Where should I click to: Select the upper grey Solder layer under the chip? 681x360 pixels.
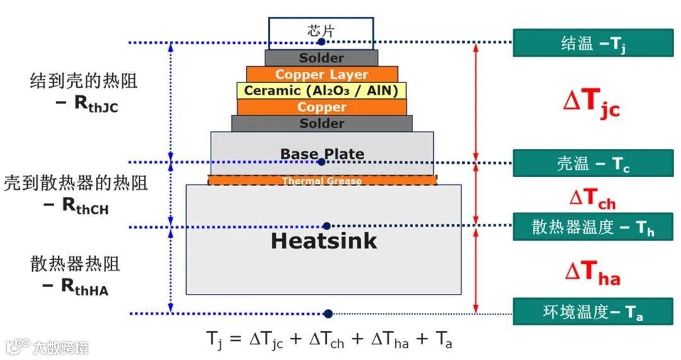pos(322,58)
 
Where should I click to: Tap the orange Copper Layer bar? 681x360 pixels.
pos(322,74)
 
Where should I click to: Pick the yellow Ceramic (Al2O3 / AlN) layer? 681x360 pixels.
pos(322,91)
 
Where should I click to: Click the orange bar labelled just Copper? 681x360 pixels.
pos(322,107)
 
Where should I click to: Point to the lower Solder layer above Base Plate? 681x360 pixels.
pos(322,124)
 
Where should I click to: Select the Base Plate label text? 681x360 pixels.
pos(322,154)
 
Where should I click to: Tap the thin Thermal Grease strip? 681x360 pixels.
pos(322,181)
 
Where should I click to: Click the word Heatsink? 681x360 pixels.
pos(323,241)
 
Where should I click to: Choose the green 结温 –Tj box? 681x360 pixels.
pos(593,43)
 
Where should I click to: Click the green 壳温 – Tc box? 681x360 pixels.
pos(593,163)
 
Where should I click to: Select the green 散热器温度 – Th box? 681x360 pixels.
pos(593,226)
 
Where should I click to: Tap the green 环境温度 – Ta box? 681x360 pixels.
pos(593,311)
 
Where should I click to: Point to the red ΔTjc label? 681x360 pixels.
pos(591,103)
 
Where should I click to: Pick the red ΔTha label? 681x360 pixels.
pos(592,272)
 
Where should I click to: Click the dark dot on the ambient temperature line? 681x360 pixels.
pos(329,313)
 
